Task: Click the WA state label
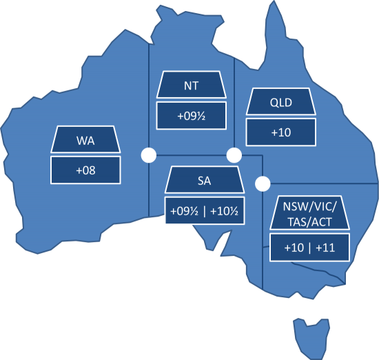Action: click(x=85, y=141)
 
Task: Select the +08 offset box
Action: click(x=85, y=170)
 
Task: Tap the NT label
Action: click(x=192, y=86)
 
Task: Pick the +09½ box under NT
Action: click(x=192, y=115)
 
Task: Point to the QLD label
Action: click(x=281, y=103)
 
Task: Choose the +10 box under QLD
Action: click(x=281, y=132)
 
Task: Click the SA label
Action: click(x=204, y=182)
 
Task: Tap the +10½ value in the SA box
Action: click(x=224, y=211)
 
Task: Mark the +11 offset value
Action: click(x=325, y=247)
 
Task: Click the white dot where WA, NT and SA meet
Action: click(x=147, y=155)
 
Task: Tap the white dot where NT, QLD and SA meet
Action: click(x=234, y=155)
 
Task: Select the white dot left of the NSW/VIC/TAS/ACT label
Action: click(x=262, y=184)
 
